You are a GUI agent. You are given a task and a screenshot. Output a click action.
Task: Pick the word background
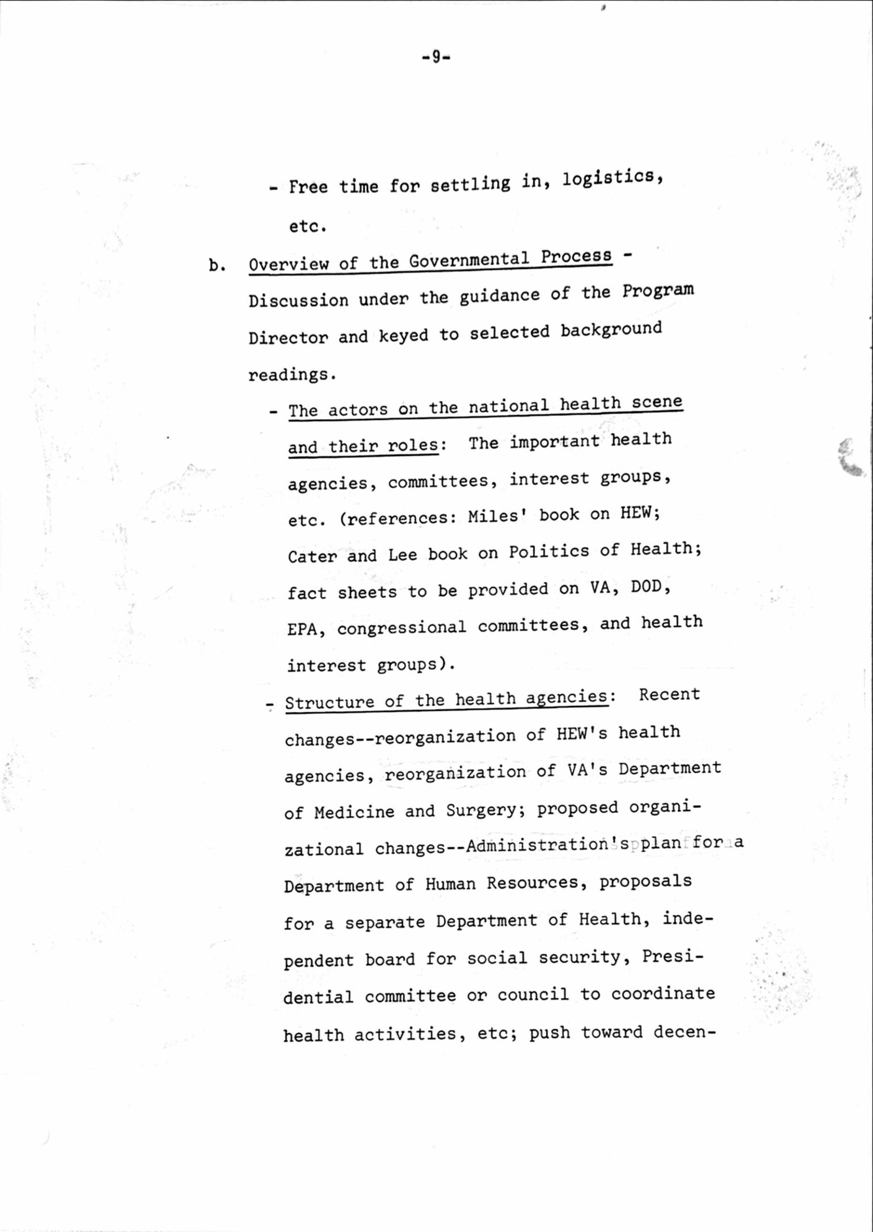pyautogui.click(x=611, y=329)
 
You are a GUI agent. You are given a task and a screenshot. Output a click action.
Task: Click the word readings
pyautogui.click(x=292, y=374)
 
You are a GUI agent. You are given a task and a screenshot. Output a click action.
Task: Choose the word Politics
pyautogui.click(x=549, y=552)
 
